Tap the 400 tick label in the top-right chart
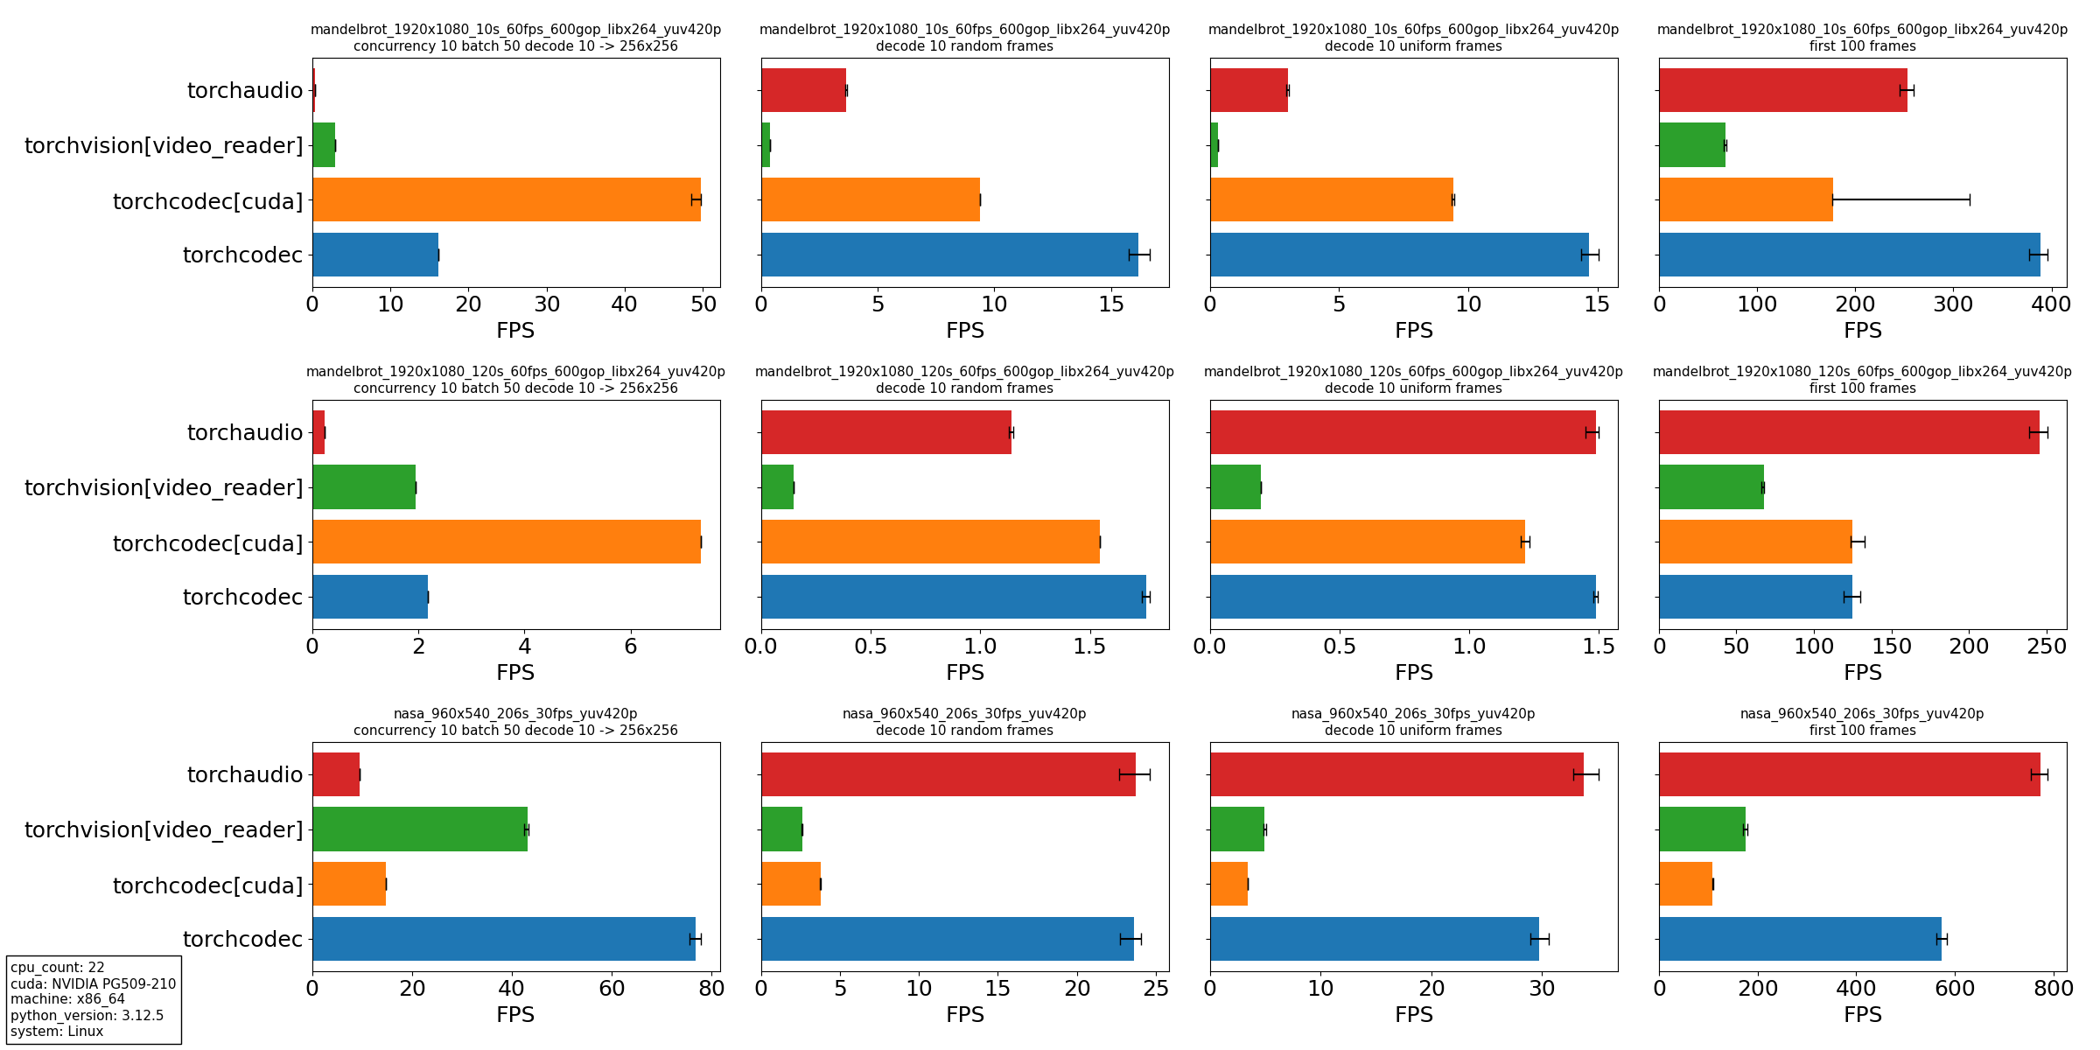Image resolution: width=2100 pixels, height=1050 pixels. tap(2050, 304)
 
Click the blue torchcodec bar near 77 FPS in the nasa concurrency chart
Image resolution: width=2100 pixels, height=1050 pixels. tap(503, 939)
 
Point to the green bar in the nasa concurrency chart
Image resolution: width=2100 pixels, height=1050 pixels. tap(420, 829)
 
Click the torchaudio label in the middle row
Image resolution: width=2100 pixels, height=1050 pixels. tap(245, 432)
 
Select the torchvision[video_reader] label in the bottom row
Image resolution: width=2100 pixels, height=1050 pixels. tap(164, 829)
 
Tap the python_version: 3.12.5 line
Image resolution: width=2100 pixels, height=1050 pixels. tap(87, 1015)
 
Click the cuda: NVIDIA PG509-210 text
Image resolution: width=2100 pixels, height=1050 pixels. tap(93, 983)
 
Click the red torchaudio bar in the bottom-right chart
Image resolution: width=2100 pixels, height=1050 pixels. tap(1849, 774)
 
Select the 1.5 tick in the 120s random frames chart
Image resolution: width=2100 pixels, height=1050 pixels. tap(1089, 647)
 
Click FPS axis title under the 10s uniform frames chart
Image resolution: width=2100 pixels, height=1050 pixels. tap(1413, 331)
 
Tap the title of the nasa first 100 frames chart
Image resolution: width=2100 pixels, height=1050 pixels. tap(1862, 722)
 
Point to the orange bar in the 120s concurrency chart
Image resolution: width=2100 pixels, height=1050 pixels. tap(506, 542)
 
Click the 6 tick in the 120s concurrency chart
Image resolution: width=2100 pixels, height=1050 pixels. tap(631, 647)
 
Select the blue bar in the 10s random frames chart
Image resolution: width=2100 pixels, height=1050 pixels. tap(949, 255)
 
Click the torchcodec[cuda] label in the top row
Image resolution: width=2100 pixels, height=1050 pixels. tap(207, 201)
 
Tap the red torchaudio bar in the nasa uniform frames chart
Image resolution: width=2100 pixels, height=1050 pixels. tap(1396, 774)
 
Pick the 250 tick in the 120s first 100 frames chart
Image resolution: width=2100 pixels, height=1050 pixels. tap(2046, 647)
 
